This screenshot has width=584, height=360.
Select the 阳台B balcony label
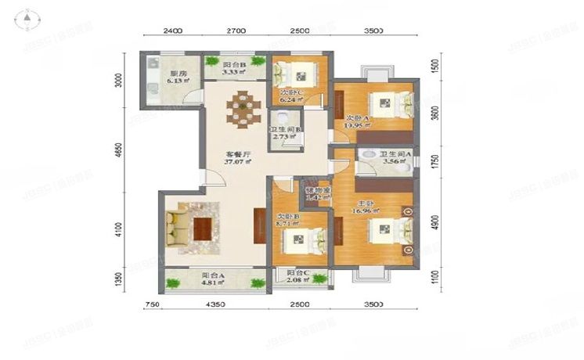[x=234, y=65]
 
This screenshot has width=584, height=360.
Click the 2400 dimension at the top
[x=173, y=31]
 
